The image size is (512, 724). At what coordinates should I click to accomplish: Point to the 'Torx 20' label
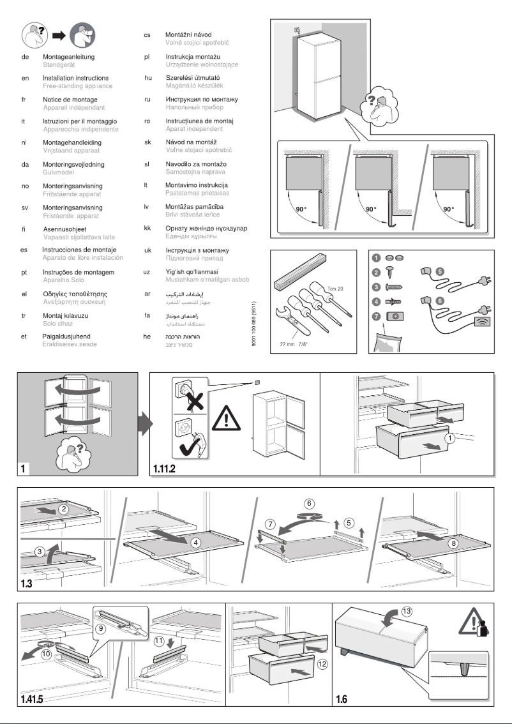pyautogui.click(x=336, y=289)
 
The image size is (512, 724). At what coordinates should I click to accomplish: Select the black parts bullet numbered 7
pyautogui.click(x=377, y=317)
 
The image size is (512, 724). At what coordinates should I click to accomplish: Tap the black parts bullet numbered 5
pyautogui.click(x=439, y=271)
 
